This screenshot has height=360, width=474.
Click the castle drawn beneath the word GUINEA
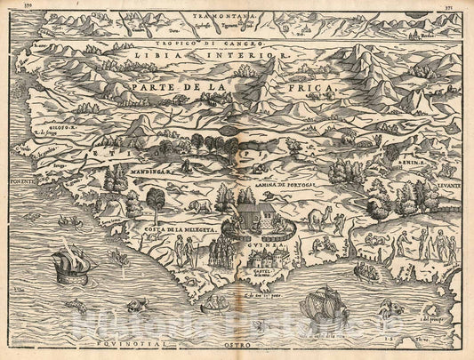268,258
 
